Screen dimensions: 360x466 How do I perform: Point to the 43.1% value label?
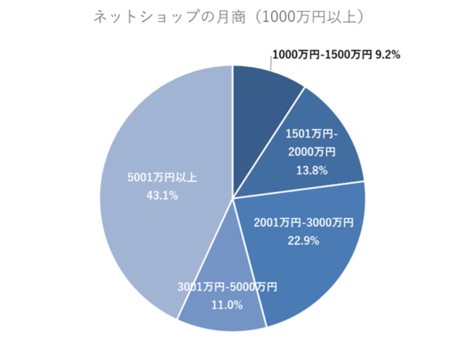click(162, 196)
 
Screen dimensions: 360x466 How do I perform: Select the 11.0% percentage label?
click(227, 305)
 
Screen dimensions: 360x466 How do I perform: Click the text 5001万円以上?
click(162, 178)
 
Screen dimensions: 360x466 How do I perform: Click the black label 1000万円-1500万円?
click(322, 55)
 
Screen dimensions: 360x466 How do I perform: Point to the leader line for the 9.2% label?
click(271, 64)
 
